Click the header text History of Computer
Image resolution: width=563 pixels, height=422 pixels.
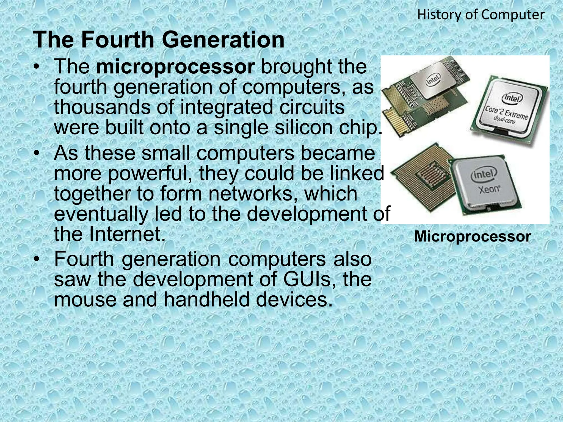click(481, 15)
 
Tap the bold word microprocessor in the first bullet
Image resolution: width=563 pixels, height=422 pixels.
click(176, 67)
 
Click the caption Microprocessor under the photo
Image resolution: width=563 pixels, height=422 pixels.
click(472, 237)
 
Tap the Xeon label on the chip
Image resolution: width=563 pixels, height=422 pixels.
click(489, 190)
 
